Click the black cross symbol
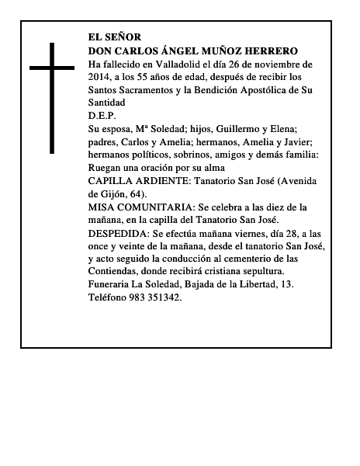pyautogui.click(x=54, y=97)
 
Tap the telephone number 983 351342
pyautogui.click(x=151, y=296)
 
